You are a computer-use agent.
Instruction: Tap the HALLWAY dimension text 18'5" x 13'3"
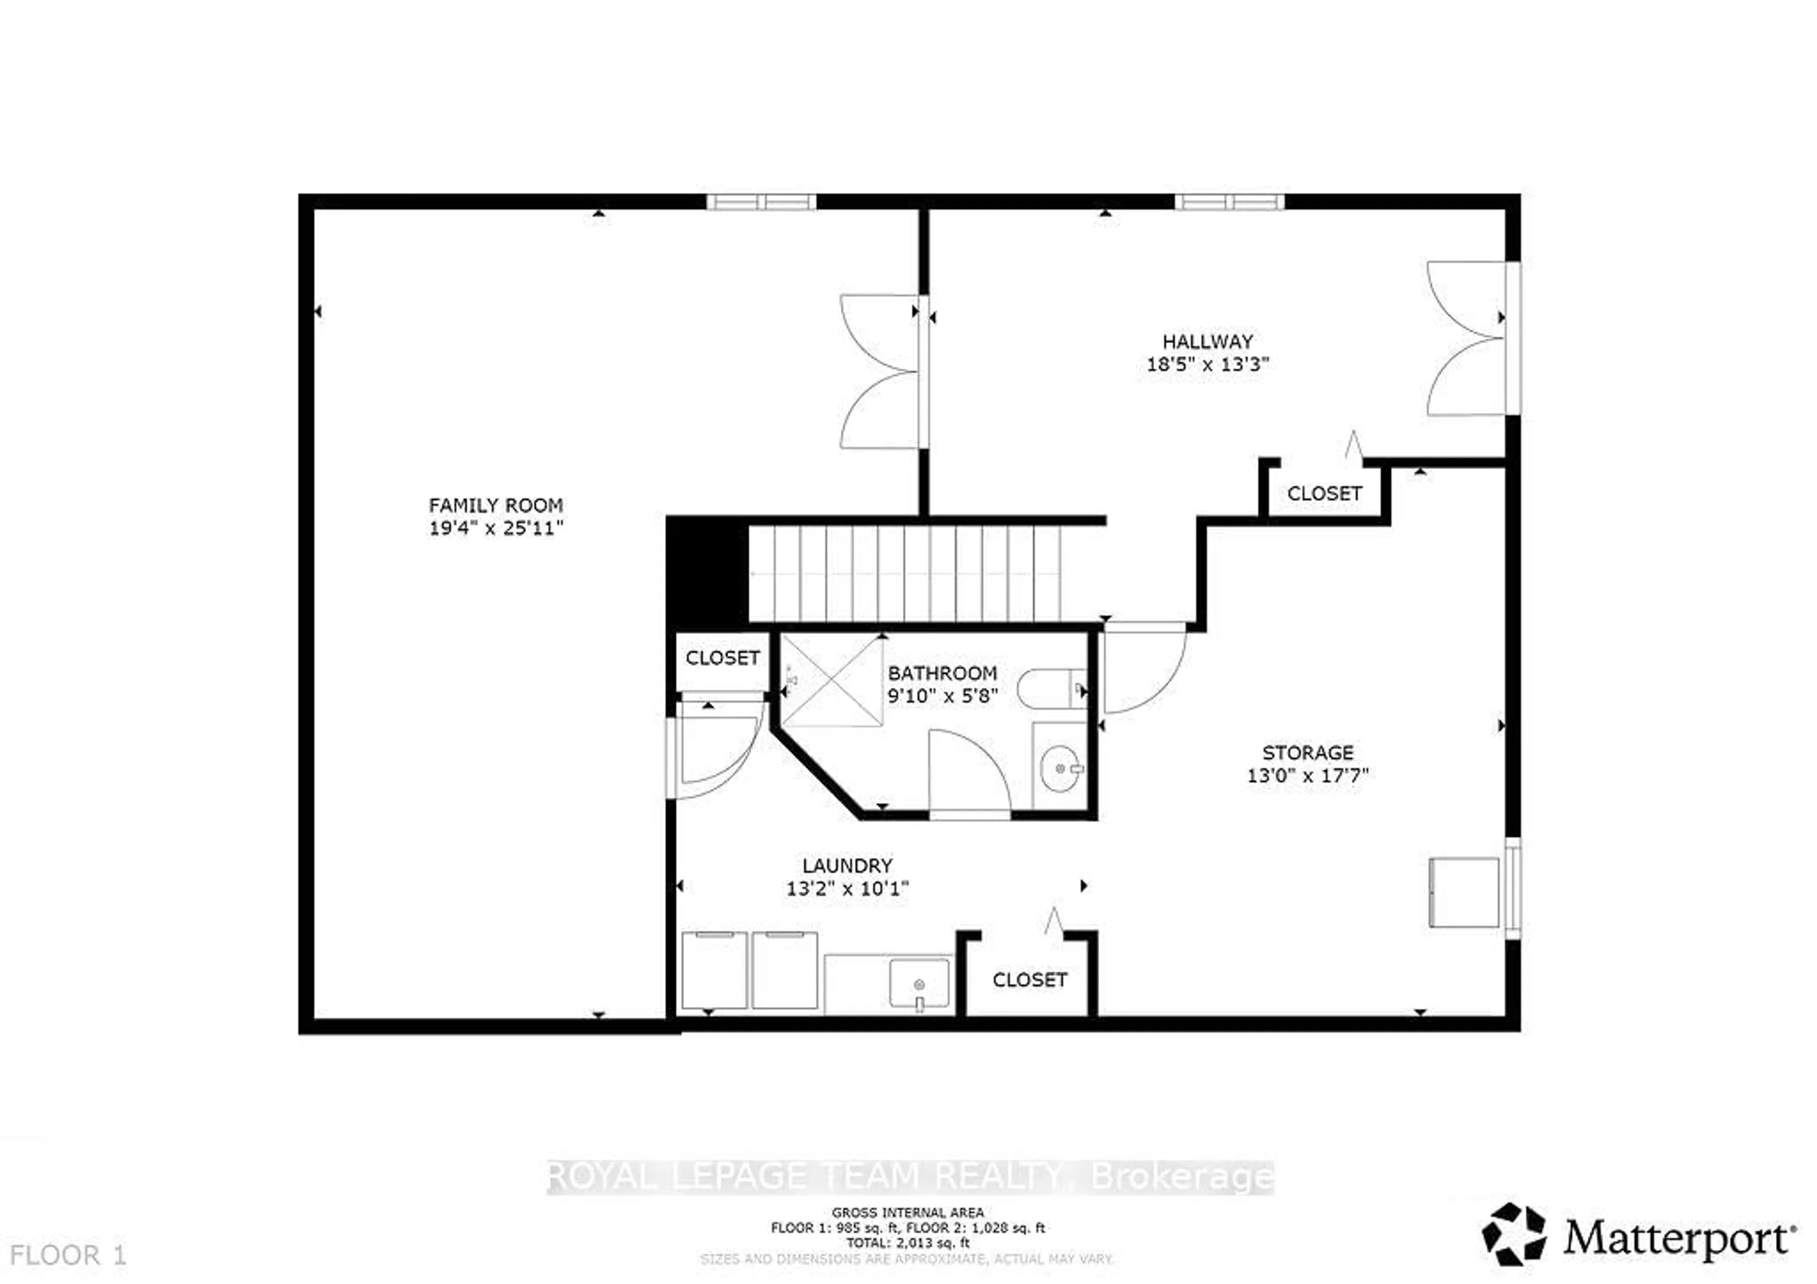click(1208, 365)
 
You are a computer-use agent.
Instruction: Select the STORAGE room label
click(1307, 752)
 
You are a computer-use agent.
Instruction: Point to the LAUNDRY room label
click(847, 865)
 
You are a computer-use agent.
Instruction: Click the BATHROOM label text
click(942, 673)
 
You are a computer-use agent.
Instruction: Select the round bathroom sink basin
click(1059, 768)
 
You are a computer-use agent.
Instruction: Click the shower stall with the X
click(832, 680)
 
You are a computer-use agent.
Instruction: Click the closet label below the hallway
click(1324, 494)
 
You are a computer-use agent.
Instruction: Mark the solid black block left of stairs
click(707, 571)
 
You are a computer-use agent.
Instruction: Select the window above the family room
click(760, 202)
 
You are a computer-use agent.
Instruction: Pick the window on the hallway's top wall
click(1229, 202)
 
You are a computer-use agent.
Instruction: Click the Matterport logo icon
click(1513, 1234)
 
